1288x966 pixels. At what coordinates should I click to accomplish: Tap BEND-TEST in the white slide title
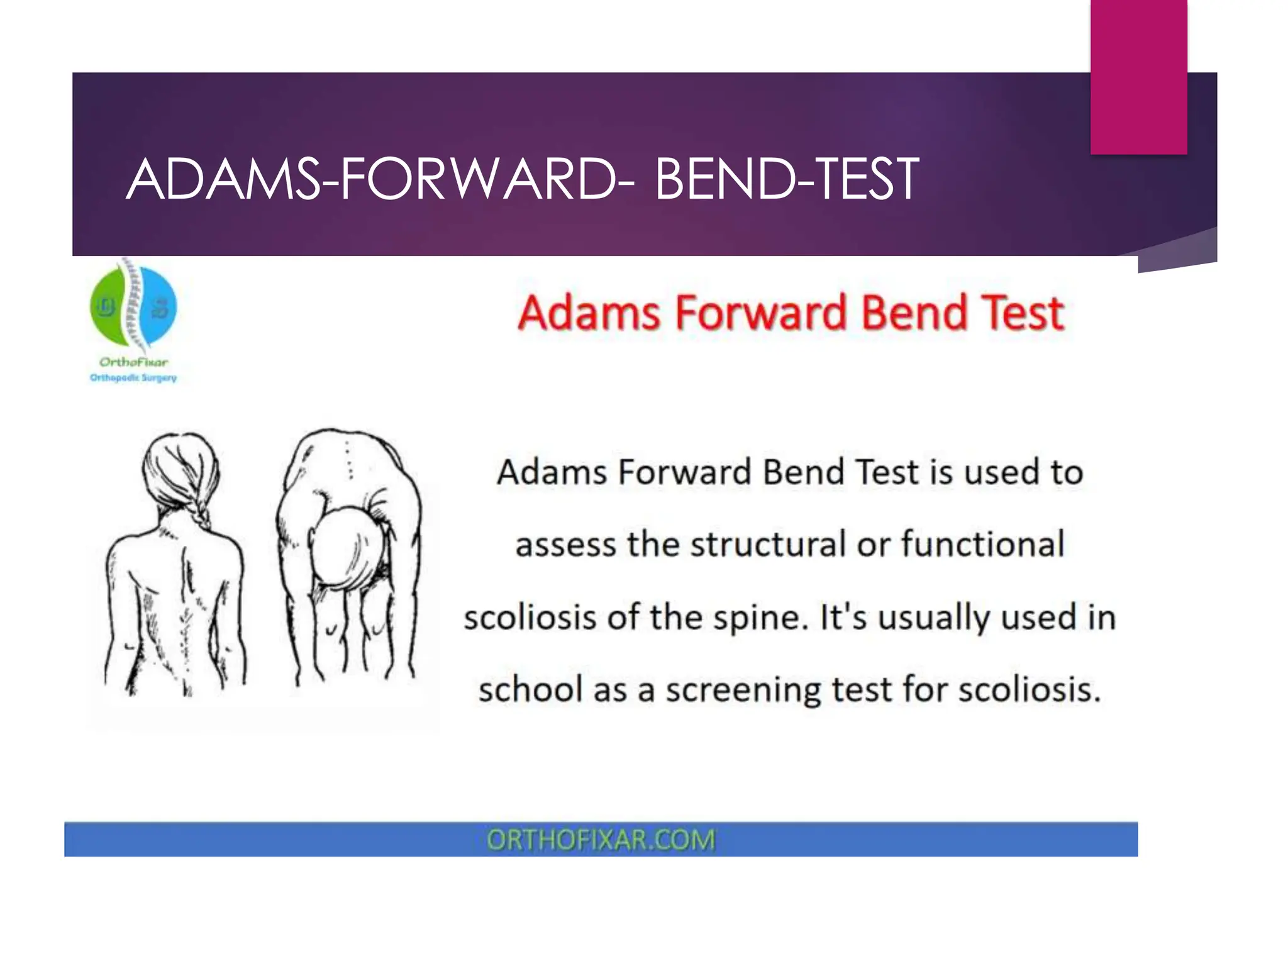[786, 180]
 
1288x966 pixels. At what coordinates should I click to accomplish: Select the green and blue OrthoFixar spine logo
[133, 306]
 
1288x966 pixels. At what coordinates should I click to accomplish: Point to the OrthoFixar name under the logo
[133, 362]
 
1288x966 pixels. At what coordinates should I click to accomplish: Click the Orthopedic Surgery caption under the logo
[133, 377]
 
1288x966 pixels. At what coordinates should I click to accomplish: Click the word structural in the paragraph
[767, 544]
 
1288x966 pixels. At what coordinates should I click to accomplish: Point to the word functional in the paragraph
[983, 544]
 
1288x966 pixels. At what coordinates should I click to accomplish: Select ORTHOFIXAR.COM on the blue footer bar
[601, 840]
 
